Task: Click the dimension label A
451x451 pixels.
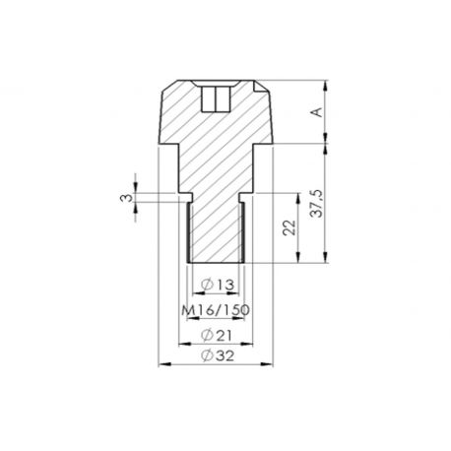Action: click(316, 112)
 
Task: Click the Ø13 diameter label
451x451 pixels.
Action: click(216, 285)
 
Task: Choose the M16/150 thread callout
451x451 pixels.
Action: click(216, 310)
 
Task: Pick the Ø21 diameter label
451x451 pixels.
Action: click(216, 336)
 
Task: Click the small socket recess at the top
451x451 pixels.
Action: click(215, 99)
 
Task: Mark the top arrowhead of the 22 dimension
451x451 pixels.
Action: click(296, 195)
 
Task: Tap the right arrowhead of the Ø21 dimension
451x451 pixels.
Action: click(250, 344)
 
